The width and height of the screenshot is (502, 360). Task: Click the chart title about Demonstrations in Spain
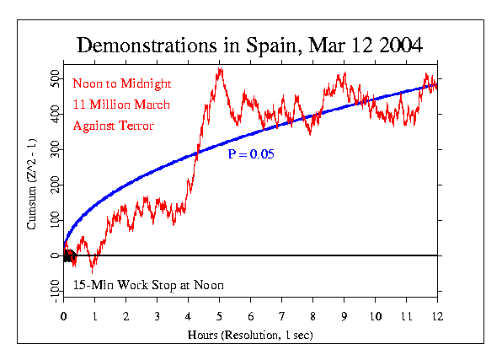click(250, 44)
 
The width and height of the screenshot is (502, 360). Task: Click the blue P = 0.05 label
click(251, 154)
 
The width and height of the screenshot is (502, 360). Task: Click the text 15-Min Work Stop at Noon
click(148, 284)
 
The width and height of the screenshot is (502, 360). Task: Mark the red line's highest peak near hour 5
click(220, 68)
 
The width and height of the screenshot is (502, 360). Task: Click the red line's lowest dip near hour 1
click(93, 271)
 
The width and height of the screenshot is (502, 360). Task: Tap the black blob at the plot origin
click(68, 256)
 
